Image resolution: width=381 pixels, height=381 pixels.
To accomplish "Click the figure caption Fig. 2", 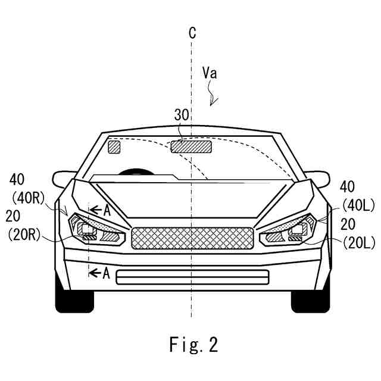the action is pos(192,344).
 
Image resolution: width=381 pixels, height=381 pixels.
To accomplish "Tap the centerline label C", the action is pos(192,33).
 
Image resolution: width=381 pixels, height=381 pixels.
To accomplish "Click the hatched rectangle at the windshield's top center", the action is pos(192,146).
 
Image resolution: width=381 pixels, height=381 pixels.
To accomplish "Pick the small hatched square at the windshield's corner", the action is pos(114,146).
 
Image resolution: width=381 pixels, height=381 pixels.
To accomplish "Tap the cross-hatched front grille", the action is pos(192,238).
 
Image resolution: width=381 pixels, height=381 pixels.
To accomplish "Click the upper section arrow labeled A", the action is pos(99,209).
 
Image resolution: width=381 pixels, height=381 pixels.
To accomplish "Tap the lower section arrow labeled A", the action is pos(99,273).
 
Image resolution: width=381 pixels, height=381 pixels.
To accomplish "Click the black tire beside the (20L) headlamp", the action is pos(310,298).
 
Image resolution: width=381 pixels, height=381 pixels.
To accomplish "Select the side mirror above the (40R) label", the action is pos(64,178).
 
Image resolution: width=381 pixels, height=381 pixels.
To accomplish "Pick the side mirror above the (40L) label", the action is pos(320,178).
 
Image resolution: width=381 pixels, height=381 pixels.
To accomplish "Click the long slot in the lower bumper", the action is pos(192,277).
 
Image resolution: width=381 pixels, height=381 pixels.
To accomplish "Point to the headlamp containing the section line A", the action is pos(95,229).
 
